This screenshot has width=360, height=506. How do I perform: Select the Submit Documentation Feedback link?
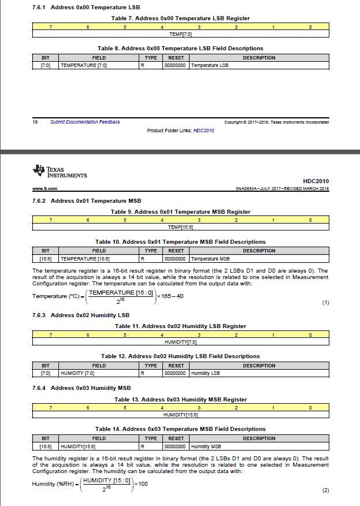[x=85, y=122]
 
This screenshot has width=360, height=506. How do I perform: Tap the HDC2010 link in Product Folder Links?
[x=203, y=131]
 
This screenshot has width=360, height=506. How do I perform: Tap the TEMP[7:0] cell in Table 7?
[x=180, y=34]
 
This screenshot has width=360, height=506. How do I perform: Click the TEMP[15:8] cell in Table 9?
[x=180, y=227]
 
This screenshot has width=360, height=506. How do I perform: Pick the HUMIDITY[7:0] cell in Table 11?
[x=180, y=342]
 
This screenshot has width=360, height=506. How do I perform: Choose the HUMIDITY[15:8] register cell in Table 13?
[x=180, y=415]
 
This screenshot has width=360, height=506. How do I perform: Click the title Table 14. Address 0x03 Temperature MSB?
[x=180, y=429]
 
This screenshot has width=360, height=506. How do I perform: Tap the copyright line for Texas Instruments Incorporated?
[x=276, y=122]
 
